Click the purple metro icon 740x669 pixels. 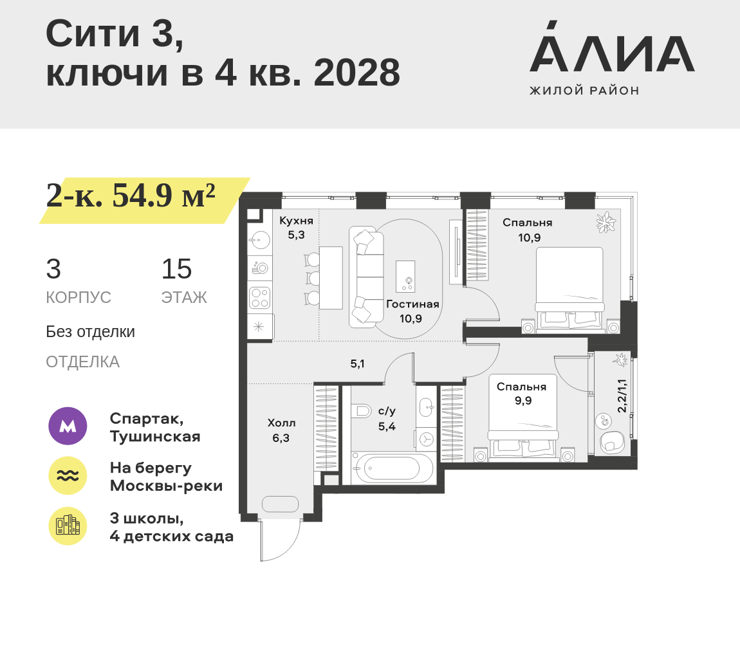point(68,426)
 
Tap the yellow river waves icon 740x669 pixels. point(68,475)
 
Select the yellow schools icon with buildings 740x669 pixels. point(68,526)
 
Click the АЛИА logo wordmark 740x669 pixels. point(612,46)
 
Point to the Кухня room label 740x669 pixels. point(296,221)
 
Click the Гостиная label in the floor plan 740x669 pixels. point(412,304)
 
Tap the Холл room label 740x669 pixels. point(281,423)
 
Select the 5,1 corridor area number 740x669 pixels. point(357,363)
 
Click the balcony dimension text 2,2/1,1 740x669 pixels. point(622,396)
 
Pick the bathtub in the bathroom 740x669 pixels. point(392,468)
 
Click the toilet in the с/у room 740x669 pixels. point(362,410)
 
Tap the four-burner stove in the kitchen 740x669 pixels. point(259,298)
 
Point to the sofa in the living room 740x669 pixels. point(366,277)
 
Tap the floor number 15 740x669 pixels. point(176,269)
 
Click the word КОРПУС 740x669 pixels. point(79,298)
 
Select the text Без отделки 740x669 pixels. point(90,332)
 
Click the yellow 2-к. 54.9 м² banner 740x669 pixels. point(144,201)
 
